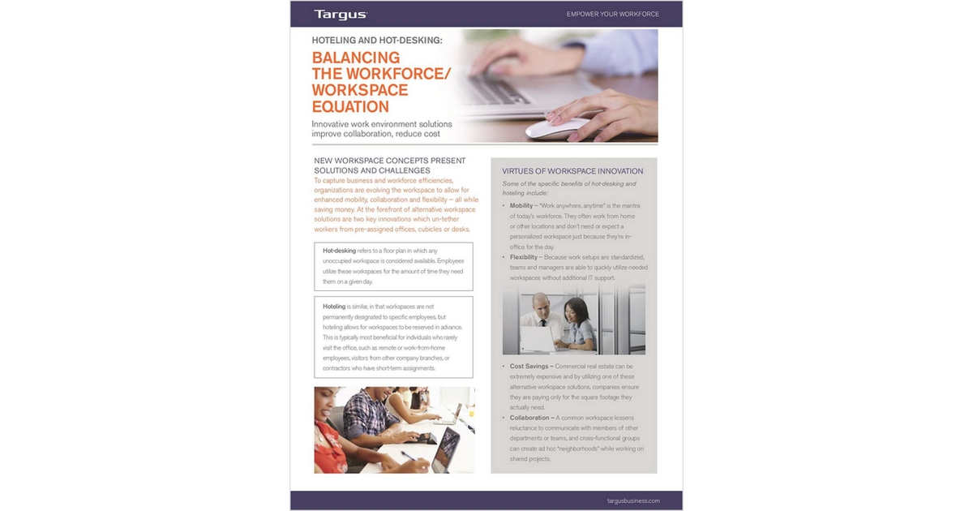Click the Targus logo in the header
pyautogui.click(x=340, y=14)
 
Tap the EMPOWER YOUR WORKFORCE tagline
pyautogui.click(x=612, y=14)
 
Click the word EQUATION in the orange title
pyautogui.click(x=350, y=106)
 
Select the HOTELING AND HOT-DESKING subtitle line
pyautogui.click(x=377, y=39)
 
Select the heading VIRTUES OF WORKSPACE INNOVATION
pyautogui.click(x=572, y=171)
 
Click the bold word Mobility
pyautogui.click(x=521, y=206)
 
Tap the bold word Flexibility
pyautogui.click(x=525, y=257)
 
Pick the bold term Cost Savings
pyautogui.click(x=530, y=367)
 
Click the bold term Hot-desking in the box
pyautogui.click(x=339, y=251)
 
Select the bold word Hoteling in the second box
pyautogui.click(x=334, y=307)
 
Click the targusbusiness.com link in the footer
pyautogui.click(x=632, y=500)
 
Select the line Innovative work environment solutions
pyautogui.click(x=382, y=124)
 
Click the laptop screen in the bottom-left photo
pyautogui.click(x=447, y=447)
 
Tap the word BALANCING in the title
pyautogui.click(x=356, y=58)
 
